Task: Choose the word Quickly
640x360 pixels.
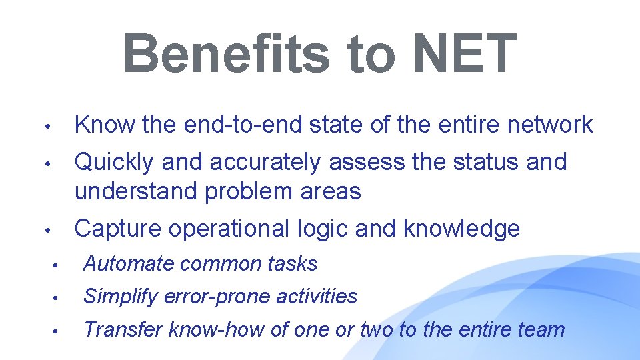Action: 115,161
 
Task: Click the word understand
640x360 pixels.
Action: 136,191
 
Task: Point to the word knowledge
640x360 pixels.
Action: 461,229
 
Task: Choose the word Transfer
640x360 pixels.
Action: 123,329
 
